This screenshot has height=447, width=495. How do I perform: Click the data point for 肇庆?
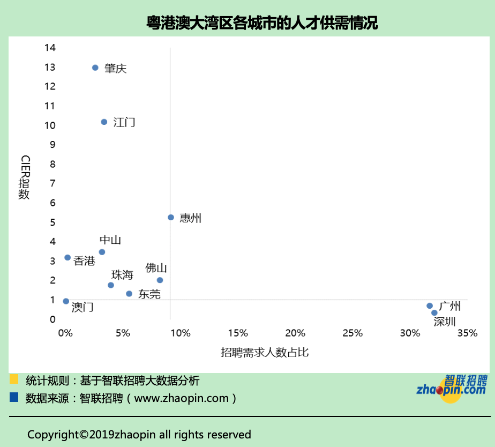pos(95,68)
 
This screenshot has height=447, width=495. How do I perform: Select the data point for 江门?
pos(104,122)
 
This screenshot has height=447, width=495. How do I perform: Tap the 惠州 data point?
pos(171,218)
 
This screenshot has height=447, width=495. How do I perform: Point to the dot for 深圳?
pos(434,313)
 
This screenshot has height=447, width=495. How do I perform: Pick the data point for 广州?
pos(430,306)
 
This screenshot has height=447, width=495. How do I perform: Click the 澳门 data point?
pos(66,301)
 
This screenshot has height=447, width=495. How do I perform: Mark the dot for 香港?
pos(67,258)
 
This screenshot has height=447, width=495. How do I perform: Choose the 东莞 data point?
pos(129,294)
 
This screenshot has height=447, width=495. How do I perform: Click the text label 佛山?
pos(156,268)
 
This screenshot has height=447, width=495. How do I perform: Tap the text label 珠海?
pos(122,275)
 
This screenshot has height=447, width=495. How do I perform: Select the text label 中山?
pos(110,240)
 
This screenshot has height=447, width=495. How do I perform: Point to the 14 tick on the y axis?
pos(50,48)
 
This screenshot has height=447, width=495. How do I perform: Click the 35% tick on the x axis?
pos(467,333)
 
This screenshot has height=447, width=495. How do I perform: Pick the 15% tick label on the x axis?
pos(238,333)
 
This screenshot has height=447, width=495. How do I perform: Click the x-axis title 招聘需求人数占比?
pos(265,352)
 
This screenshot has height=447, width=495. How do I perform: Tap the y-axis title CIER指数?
pos(25,177)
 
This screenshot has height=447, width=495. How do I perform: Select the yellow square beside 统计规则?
pos(14,379)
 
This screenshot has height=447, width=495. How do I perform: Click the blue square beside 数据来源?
pos(14,398)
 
